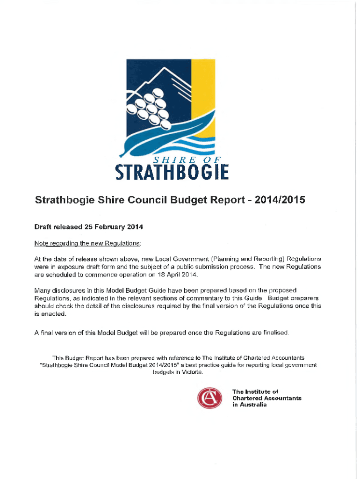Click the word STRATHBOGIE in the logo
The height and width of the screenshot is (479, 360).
(x=172, y=171)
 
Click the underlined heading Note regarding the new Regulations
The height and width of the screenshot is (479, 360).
(x=87, y=244)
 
